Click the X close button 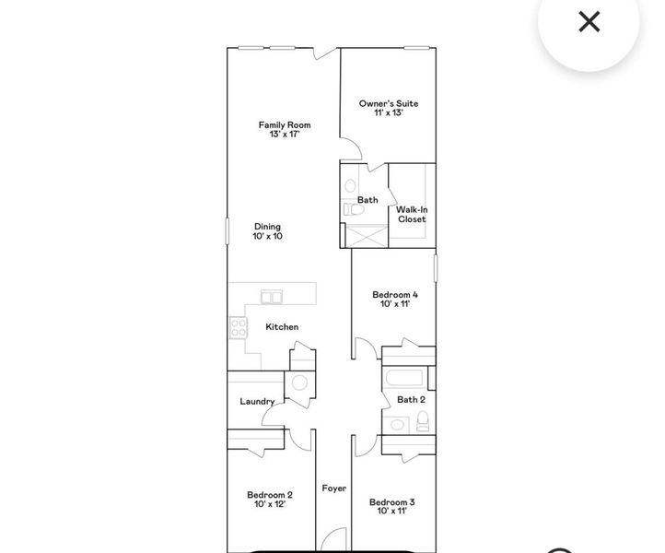(x=589, y=22)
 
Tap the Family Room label (x=284, y=124)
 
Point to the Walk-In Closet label (x=412, y=215)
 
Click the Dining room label (x=267, y=227)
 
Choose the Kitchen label (x=282, y=327)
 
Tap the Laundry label (x=257, y=402)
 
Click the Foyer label (x=333, y=488)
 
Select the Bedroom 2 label (x=270, y=495)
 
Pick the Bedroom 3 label (x=391, y=502)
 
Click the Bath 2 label (x=411, y=400)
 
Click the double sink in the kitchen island (x=272, y=296)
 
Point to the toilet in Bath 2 (x=422, y=422)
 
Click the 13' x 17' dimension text (x=284, y=135)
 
